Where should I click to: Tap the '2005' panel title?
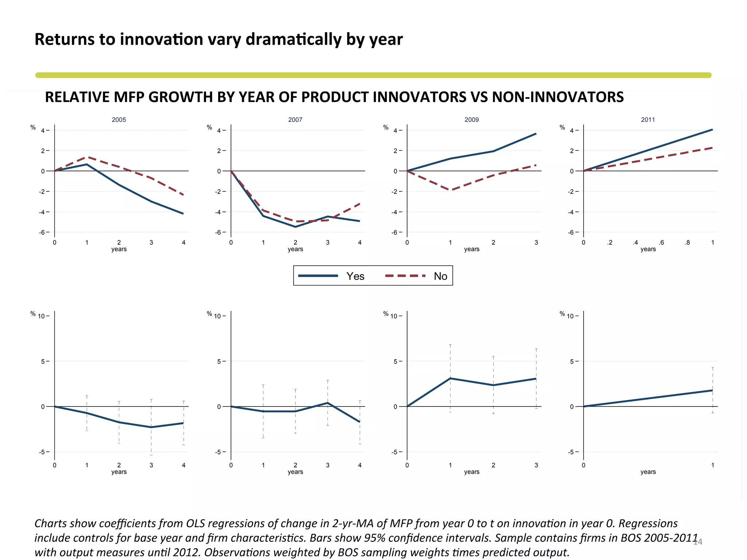[119, 120]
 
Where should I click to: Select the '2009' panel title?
[472, 120]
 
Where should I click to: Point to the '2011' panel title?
[648, 120]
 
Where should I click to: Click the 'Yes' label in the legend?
[355, 276]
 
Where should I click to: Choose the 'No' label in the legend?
[440, 276]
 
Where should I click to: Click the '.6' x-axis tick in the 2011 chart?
[661, 242]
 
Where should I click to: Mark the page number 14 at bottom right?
[697, 542]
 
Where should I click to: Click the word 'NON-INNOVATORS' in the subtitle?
[558, 97]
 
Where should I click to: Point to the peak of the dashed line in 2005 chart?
[87, 157]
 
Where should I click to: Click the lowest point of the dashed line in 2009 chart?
[450, 190]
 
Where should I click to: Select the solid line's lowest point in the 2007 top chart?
[295, 227]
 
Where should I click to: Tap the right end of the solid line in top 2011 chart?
[712, 130]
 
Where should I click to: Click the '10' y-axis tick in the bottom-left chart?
[41, 316]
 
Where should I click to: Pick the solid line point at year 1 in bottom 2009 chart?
[450, 378]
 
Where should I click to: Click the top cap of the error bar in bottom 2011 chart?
[712, 368]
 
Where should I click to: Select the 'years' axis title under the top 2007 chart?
[295, 249]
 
